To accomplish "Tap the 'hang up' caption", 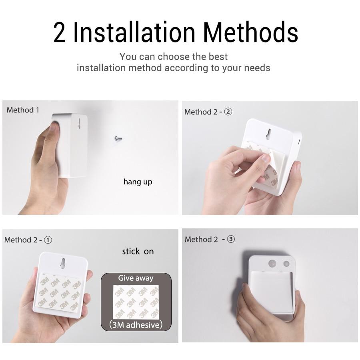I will tap(138, 182).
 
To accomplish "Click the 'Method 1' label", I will tap(23, 110).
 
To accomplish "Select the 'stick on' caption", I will tap(138, 251).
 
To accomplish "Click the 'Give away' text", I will tap(136, 278).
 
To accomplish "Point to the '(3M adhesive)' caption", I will tap(136, 324).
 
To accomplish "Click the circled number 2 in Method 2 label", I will tap(228, 112).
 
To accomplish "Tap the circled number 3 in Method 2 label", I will tap(231, 240).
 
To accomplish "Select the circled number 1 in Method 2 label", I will tap(48, 240).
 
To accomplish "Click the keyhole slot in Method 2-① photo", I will tap(62, 263).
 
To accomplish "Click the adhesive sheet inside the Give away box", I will tap(136, 301).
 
